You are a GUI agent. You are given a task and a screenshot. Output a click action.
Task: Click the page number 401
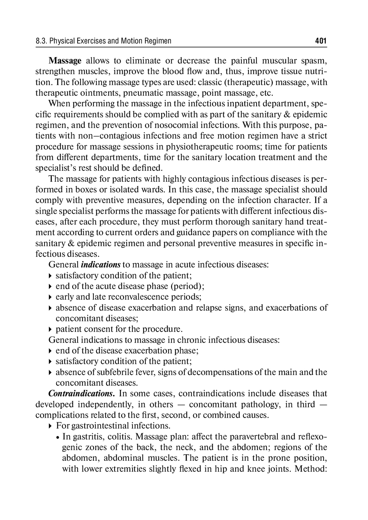(x=321, y=41)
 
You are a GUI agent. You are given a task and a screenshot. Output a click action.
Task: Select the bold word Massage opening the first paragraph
(x=65, y=61)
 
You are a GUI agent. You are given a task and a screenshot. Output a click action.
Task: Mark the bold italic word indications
(x=100, y=265)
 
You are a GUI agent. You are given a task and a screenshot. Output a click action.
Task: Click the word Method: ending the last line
(x=311, y=469)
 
